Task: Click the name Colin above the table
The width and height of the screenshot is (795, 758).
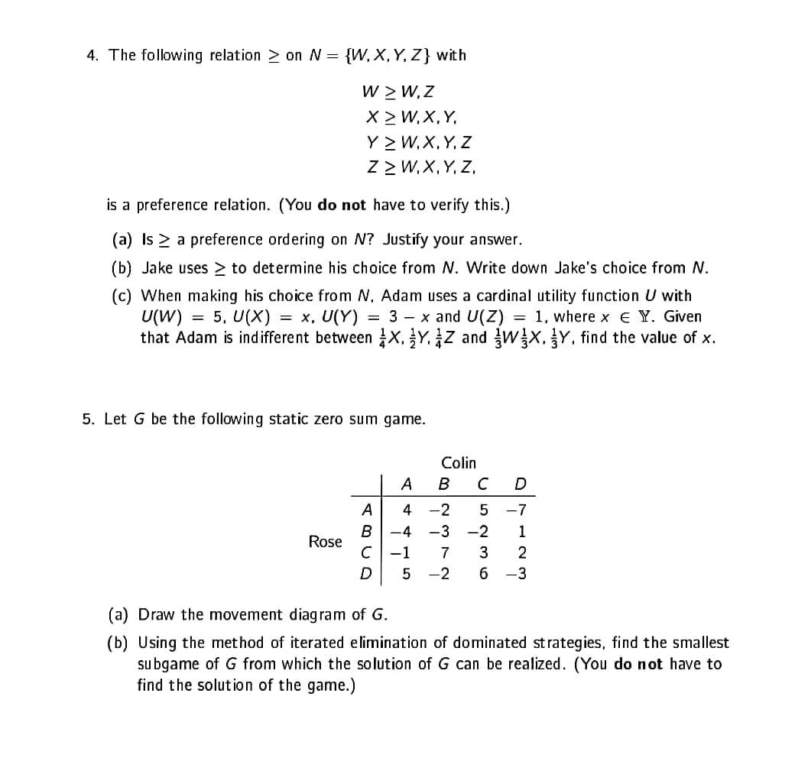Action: [458, 462]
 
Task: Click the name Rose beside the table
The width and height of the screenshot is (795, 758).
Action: [325, 541]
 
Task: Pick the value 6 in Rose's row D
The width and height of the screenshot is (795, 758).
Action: [482, 574]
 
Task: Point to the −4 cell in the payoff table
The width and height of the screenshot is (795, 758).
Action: [404, 531]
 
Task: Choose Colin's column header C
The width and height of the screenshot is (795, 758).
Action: [482, 484]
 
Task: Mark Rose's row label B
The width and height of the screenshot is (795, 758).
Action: [366, 531]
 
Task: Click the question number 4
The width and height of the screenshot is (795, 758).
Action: [92, 55]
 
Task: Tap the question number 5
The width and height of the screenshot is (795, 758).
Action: [88, 419]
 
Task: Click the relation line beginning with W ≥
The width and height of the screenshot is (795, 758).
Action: [397, 92]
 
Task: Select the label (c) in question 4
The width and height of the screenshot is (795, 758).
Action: [122, 296]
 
